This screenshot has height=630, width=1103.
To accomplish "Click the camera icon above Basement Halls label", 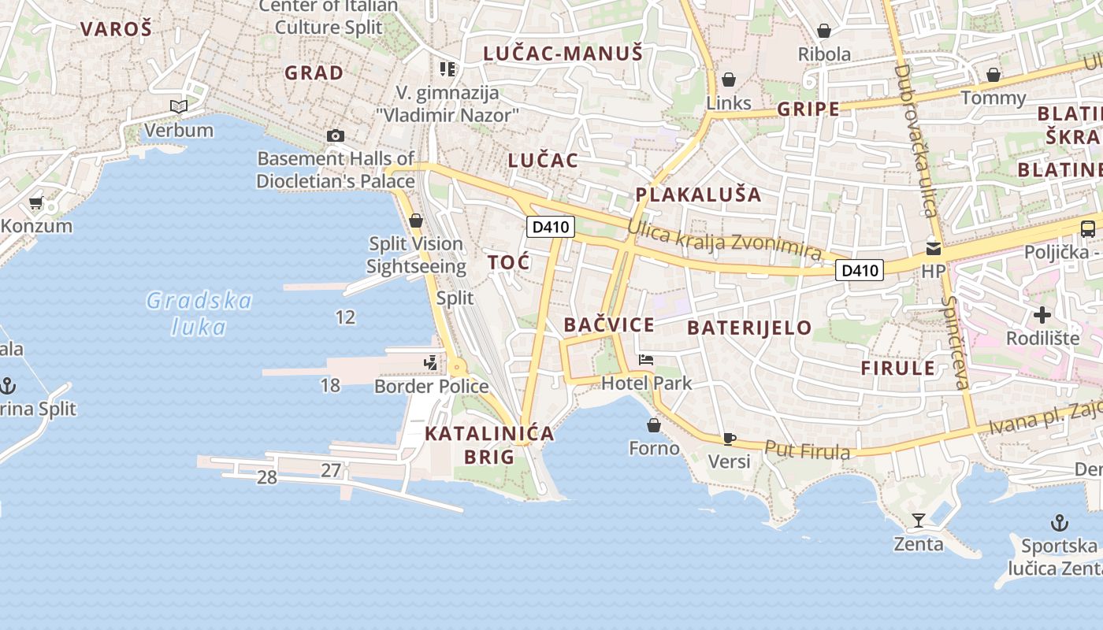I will tap(335, 136).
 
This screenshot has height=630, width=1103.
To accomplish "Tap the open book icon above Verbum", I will tap(179, 106).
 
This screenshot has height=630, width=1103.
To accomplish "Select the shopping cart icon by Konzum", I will tap(35, 203).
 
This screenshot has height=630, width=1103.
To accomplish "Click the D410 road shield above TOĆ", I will tap(551, 228).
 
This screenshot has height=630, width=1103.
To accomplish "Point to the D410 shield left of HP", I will tap(859, 271).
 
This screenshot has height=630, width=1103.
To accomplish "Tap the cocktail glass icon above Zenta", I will tap(918, 521).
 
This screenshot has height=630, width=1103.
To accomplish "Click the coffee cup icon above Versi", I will tap(730, 439).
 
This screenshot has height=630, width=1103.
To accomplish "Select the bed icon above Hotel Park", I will tap(646, 360).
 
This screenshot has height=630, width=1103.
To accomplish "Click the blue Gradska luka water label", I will tap(199, 313).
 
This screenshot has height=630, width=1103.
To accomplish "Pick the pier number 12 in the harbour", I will tap(345, 317).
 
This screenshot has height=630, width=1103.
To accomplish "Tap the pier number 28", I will tap(267, 477).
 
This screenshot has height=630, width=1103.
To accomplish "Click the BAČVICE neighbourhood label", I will tap(609, 325).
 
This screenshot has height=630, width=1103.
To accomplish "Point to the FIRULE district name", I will tap(898, 368).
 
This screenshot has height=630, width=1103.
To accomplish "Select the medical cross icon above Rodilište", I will tap(1042, 316).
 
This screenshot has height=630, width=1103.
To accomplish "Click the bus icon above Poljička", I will tap(1087, 229).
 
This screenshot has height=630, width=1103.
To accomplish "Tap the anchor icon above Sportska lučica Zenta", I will tap(1060, 523).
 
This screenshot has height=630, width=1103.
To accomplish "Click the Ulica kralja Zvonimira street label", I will tap(724, 240).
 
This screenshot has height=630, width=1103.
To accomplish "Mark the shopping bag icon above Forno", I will tap(653, 426).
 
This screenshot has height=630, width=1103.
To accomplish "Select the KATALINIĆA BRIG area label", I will tap(489, 445).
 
